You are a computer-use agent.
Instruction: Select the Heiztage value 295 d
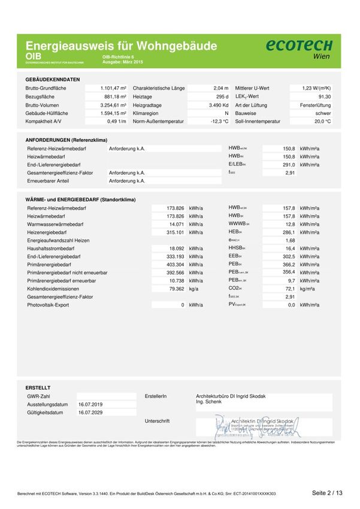pos(222,96)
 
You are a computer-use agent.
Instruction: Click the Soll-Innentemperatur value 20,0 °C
pos(322,122)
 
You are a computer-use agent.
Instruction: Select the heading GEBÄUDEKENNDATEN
pos(53,79)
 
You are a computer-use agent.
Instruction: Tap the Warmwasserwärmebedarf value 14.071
pos(175,224)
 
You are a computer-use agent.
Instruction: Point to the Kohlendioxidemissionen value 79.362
pos(175,289)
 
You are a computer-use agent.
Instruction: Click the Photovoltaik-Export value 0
pos(182,305)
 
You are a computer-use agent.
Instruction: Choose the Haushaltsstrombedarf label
pos(51,248)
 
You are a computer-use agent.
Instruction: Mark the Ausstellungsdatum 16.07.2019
pos(90,404)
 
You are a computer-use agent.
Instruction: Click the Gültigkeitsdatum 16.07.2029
pos(90,413)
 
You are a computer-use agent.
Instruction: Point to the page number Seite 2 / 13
pos(327,493)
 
